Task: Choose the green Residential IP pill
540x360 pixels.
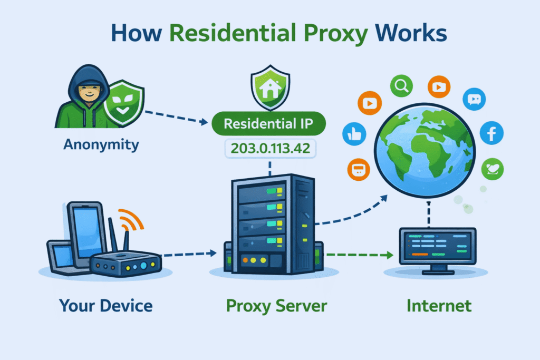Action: tap(269, 124)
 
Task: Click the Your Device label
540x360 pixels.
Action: tap(106, 305)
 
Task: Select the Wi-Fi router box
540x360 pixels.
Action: tap(124, 264)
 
